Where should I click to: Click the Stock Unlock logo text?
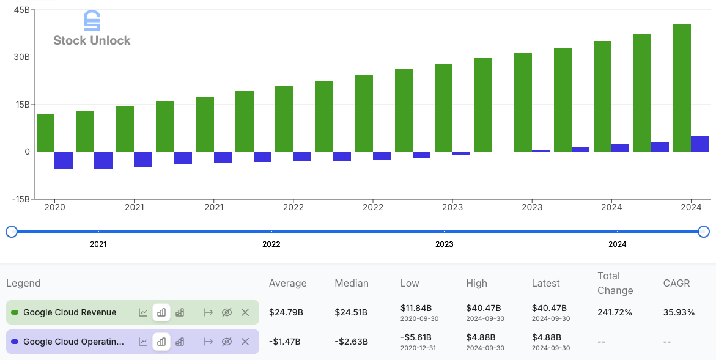click(92, 40)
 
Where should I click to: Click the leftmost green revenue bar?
click(45, 133)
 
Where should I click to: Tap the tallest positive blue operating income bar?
click(699, 144)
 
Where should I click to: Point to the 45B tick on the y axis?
click(22, 10)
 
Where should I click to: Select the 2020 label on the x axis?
click(55, 207)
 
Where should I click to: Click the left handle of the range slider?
click(11, 232)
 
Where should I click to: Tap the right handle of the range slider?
click(704, 232)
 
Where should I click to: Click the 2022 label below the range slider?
click(271, 244)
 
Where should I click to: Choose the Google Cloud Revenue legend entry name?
click(70, 312)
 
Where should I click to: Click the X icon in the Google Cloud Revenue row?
click(245, 312)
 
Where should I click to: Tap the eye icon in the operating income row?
click(227, 342)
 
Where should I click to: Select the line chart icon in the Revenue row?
click(143, 312)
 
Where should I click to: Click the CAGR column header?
click(676, 283)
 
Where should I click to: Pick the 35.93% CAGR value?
click(679, 312)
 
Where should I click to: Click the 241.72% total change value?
click(615, 312)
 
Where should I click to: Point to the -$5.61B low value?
click(416, 337)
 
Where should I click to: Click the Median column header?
click(352, 283)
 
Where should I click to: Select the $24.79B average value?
click(286, 312)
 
